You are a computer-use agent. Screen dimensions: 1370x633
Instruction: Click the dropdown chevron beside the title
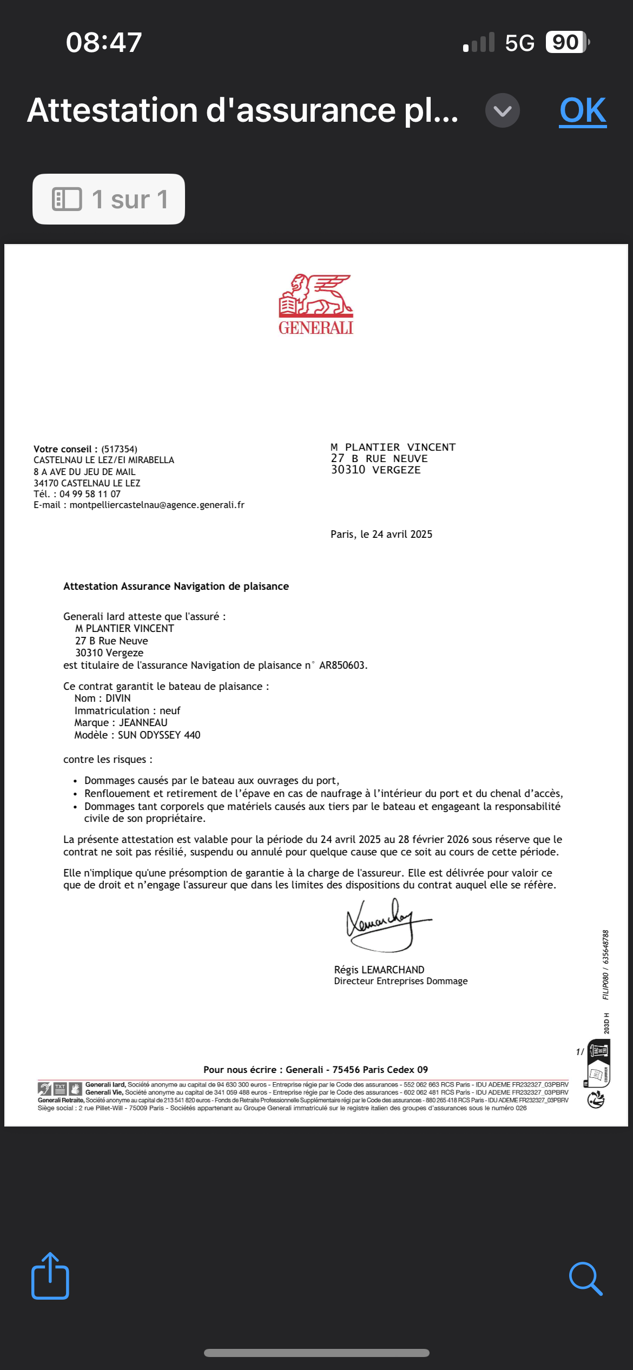(502, 110)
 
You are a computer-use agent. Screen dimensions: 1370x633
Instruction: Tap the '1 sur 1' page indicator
(109, 199)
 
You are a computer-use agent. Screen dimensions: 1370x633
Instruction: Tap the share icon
(50, 1276)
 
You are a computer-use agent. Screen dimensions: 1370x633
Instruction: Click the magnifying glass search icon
(585, 1279)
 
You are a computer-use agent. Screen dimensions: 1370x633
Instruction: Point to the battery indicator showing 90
(566, 42)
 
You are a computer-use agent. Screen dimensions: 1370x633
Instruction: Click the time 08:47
(104, 42)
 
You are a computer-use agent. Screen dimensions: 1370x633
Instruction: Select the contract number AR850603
(342, 666)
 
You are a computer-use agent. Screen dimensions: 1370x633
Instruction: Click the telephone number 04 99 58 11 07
(90, 494)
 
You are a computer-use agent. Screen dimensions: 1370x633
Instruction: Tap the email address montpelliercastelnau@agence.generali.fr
(157, 505)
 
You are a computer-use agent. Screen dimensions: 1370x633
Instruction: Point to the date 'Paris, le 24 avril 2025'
(381, 535)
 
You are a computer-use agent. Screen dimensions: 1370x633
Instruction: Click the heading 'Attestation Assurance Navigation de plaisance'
(176, 587)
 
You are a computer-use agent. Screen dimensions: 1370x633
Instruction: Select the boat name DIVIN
(118, 699)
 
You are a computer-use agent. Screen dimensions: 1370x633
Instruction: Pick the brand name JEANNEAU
(143, 723)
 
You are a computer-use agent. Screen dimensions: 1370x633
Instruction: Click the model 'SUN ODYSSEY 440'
(159, 735)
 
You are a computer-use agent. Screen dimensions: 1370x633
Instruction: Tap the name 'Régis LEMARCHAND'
(379, 970)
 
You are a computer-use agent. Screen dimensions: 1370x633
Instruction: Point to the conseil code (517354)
(120, 449)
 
